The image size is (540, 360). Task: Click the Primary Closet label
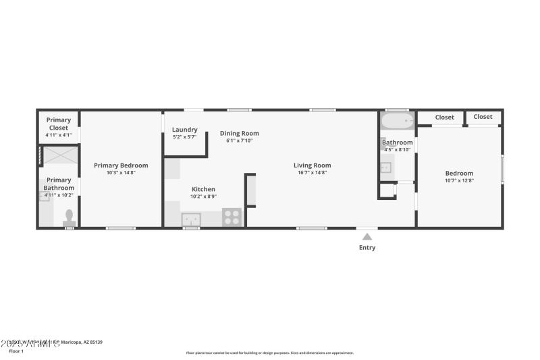59,124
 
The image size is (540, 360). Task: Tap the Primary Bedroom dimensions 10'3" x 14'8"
121,172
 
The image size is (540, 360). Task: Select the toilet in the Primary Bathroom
68,217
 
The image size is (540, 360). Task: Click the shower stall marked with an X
59,155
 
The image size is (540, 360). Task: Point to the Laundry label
184,130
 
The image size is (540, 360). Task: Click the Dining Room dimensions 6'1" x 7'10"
240,140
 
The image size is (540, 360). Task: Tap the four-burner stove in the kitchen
232,217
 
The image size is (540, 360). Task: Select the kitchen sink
191,219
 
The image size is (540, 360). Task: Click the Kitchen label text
203,189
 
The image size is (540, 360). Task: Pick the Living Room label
312,165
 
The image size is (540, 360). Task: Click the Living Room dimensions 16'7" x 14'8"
312,172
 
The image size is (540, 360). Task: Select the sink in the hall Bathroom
385,168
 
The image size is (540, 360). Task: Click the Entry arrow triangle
367,236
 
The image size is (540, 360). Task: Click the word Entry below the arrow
367,248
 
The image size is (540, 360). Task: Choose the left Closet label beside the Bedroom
444,118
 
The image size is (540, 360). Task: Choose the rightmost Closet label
483,117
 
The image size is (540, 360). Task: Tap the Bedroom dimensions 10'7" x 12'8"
459,180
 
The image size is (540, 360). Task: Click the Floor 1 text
16,351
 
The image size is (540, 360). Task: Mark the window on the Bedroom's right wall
502,169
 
